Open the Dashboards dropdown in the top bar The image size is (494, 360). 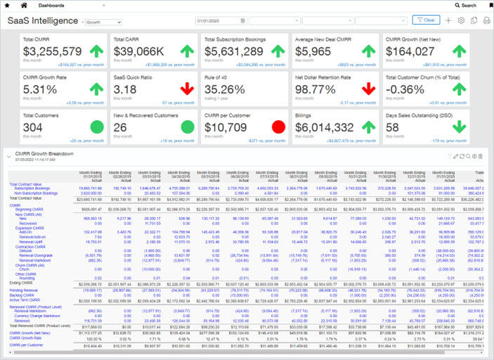click(57, 5)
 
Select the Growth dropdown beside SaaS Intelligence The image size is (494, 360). click(103, 22)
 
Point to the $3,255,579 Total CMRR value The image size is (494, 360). click(53, 51)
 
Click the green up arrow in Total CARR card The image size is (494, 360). click(186, 51)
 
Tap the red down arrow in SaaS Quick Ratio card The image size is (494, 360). click(186, 89)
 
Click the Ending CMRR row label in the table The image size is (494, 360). click(20, 282)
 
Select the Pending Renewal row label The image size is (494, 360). click(22, 289)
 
